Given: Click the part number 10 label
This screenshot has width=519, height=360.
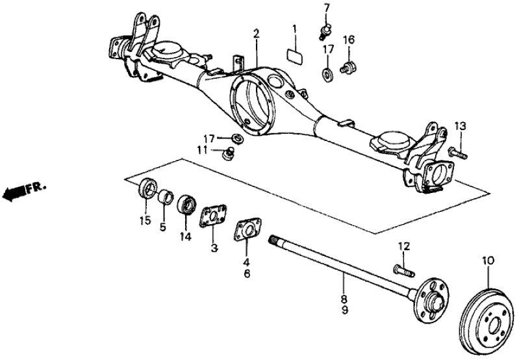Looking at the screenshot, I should click(488, 261).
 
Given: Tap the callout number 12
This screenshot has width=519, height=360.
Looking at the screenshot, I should click(404, 246).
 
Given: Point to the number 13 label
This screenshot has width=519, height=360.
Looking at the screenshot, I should click(461, 125).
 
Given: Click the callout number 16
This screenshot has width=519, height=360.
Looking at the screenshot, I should click(349, 40).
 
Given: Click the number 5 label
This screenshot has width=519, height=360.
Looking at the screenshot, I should click(164, 227).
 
